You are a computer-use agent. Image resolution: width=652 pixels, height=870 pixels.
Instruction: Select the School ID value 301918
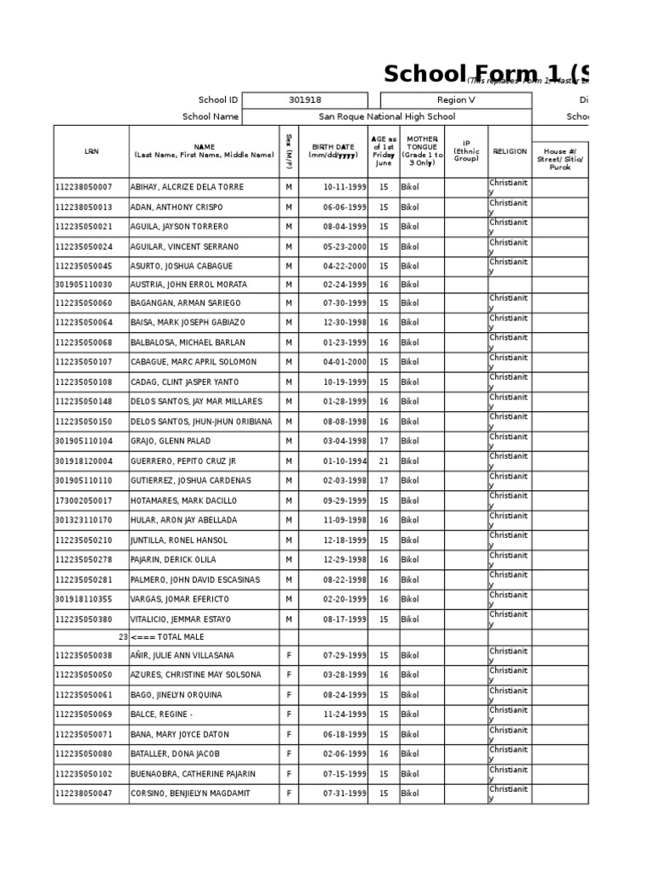305,100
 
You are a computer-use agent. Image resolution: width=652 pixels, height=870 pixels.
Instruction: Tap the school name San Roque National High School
386,117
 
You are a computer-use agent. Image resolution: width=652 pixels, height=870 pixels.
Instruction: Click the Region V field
456,100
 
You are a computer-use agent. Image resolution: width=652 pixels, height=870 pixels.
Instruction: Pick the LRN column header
91,151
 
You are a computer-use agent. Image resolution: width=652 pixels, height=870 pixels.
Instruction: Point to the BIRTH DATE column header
332,151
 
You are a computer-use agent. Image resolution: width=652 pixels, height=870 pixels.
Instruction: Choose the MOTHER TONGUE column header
421,150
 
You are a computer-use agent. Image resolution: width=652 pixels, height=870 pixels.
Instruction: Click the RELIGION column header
509,151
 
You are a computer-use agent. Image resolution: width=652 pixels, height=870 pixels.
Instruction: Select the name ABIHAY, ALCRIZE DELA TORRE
187,187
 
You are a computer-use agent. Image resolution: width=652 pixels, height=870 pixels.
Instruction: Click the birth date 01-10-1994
345,461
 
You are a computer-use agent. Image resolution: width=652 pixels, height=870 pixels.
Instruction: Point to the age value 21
383,461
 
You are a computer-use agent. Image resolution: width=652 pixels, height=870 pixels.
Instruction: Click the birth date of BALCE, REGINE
345,715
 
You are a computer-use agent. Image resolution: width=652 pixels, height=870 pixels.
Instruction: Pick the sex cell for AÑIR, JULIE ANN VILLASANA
289,656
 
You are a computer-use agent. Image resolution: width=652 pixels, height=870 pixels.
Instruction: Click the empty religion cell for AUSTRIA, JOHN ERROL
509,285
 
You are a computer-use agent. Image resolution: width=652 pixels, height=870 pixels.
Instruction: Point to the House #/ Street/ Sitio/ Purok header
559,158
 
